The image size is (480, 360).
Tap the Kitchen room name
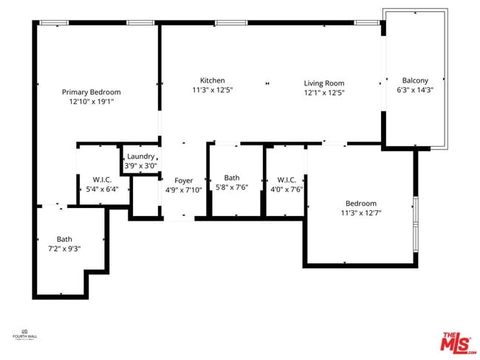click(212, 80)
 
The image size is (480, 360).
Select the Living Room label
click(324, 83)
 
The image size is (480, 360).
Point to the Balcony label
click(415, 80)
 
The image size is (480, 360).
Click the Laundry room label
click(140, 156)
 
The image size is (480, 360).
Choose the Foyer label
click(183, 181)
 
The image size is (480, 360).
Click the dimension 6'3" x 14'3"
click(415, 91)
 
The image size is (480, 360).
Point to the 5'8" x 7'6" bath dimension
click(232, 187)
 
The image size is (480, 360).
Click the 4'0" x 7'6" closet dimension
click(287, 189)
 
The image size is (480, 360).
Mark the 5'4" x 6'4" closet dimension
click(101, 189)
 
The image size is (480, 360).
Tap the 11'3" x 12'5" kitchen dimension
click(212, 91)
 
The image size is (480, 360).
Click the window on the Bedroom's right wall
click(416, 221)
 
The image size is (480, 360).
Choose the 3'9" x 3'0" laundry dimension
click(140, 166)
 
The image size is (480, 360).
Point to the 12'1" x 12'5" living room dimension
click(324, 93)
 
